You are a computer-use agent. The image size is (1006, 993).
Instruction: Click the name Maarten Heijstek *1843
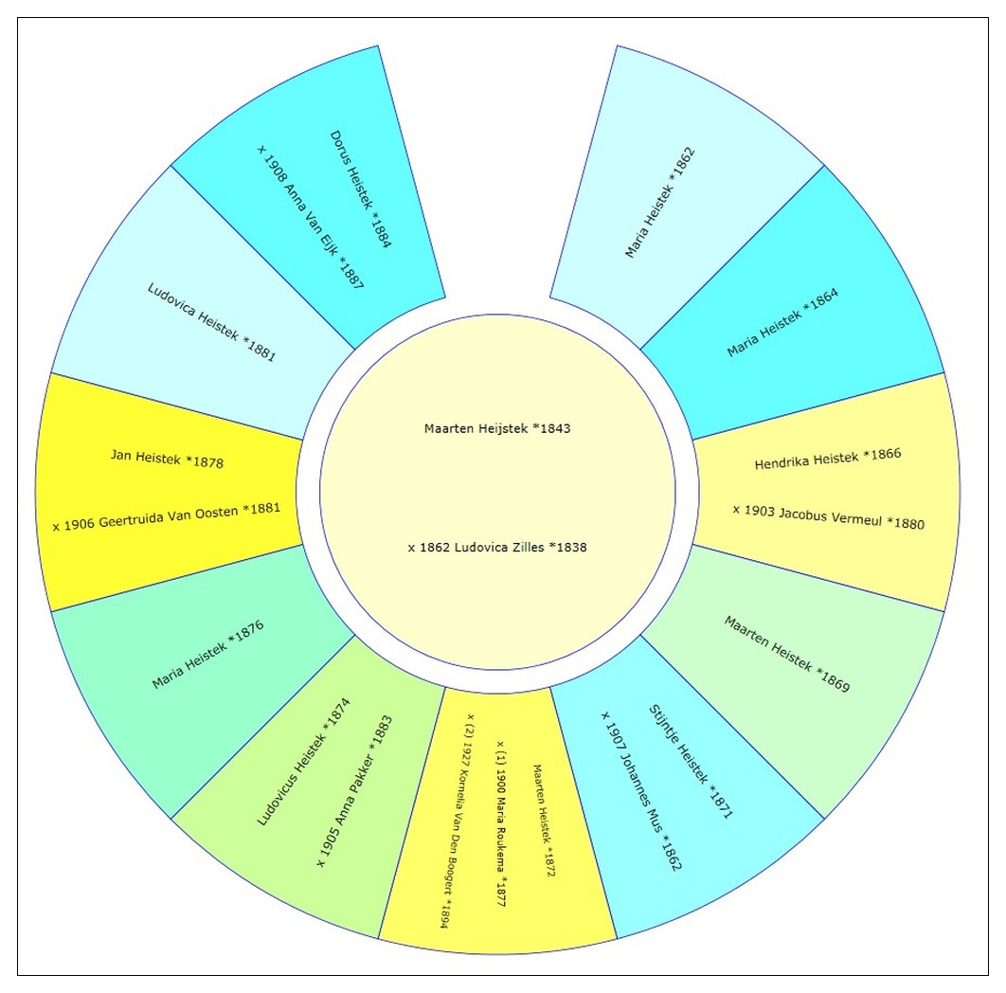(497, 428)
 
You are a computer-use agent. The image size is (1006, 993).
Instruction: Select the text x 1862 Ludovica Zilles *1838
(497, 548)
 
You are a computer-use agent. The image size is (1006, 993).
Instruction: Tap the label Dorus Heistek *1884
(361, 189)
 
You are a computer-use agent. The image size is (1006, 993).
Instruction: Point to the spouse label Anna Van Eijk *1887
(311, 217)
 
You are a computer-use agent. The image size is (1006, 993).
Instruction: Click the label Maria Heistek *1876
(207, 655)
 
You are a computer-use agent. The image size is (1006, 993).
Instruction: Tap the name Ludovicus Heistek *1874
(303, 763)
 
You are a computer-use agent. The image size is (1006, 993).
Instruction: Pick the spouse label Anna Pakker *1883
(354, 792)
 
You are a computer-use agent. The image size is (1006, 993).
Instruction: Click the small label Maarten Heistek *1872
(543, 821)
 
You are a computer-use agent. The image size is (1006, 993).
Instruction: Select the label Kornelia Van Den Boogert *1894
(456, 821)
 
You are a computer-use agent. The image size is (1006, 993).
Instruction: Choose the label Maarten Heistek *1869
(787, 654)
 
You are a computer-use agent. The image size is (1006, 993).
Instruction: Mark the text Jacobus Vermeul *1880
(828, 516)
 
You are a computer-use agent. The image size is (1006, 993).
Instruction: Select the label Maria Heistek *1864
(782, 323)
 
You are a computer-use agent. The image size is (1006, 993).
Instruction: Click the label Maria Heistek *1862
(660, 202)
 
